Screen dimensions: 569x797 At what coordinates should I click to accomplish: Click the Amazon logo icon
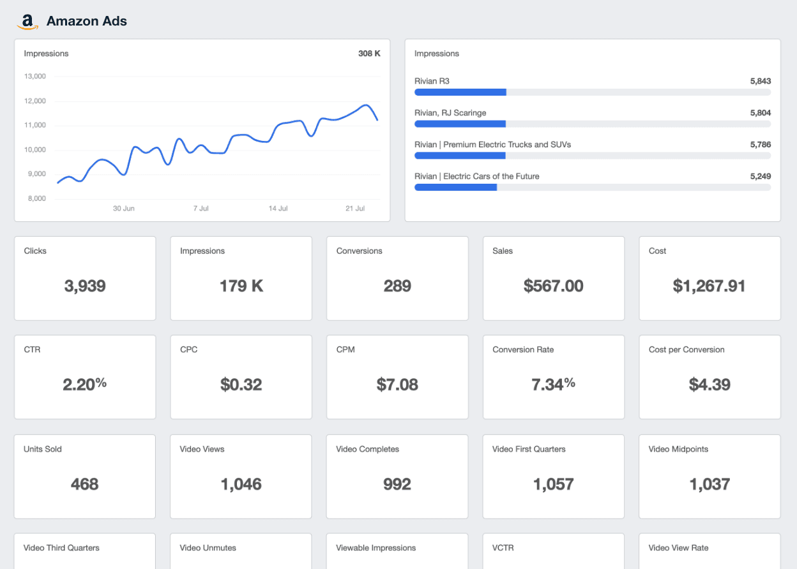click(x=27, y=22)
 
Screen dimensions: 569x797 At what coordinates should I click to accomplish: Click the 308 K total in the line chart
click(x=369, y=54)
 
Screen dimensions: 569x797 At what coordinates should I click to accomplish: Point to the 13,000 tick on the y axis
click(x=34, y=77)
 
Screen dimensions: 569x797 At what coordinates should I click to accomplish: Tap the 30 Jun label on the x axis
click(x=124, y=209)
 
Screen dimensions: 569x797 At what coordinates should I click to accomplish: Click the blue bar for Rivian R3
click(x=460, y=92)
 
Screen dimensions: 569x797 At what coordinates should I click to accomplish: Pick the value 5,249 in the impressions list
click(x=760, y=176)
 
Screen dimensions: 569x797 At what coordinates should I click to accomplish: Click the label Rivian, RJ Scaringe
click(x=450, y=113)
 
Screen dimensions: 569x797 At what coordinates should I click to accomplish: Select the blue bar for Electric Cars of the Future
click(x=455, y=188)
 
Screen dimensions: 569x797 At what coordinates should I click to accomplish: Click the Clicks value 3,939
click(x=84, y=286)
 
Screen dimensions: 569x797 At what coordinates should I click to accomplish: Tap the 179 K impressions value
click(x=241, y=286)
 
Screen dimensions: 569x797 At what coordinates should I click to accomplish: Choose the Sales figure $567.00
click(x=553, y=286)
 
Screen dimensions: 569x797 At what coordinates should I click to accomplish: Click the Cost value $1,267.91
click(x=709, y=286)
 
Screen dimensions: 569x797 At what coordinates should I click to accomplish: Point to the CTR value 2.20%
click(x=84, y=384)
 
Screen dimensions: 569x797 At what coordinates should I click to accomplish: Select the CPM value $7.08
click(x=397, y=385)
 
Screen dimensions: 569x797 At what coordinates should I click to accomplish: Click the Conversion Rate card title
click(x=523, y=350)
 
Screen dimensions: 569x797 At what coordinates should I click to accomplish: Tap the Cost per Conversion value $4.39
click(x=709, y=385)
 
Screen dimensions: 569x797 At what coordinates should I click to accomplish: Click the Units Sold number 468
click(x=84, y=484)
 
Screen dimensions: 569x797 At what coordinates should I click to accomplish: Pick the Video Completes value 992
click(x=397, y=484)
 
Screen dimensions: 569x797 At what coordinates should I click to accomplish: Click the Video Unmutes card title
click(x=209, y=548)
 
